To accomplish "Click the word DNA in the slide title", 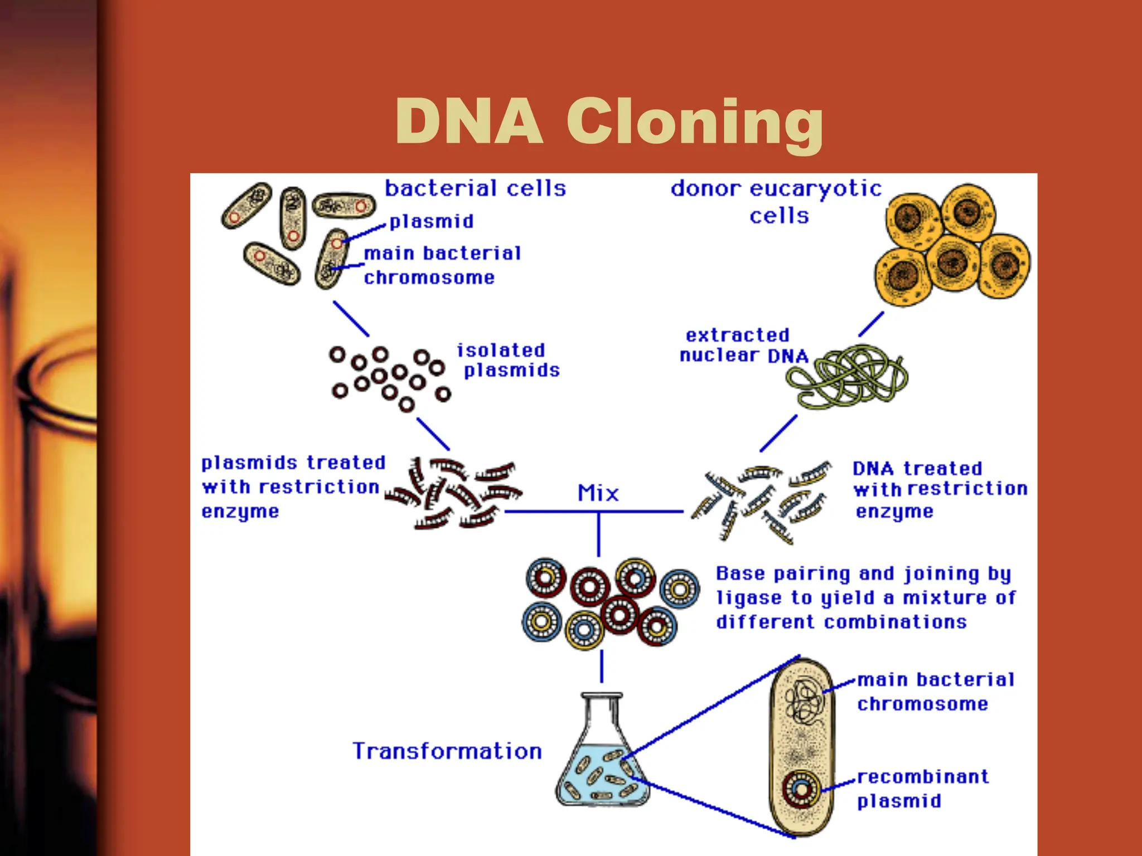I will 469,121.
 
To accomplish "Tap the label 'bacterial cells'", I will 475,188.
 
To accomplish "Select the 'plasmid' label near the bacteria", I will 432,221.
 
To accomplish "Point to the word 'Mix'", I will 598,493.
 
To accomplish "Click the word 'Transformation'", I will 447,751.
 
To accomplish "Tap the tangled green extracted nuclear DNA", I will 848,376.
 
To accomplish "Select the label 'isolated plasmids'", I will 507,360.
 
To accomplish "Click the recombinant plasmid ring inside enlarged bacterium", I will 801,789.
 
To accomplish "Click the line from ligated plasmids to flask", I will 601,667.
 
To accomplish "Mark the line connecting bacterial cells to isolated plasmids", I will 351,319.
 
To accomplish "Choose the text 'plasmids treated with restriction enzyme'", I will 293,487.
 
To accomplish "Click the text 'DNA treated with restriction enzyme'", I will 940,489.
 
